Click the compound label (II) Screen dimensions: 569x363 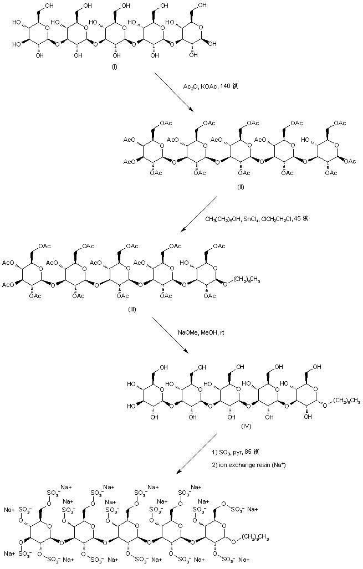pyautogui.click(x=240, y=187)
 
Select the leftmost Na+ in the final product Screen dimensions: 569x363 pyautogui.click(x=9, y=509)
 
